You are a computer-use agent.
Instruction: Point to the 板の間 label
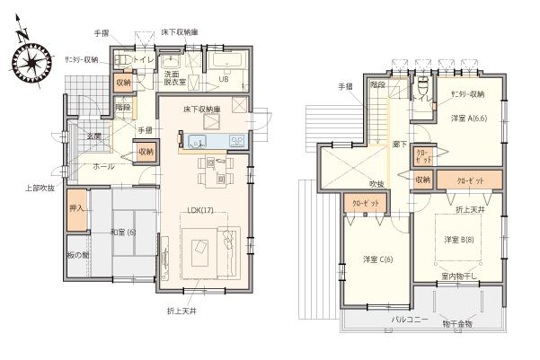(x=78, y=255)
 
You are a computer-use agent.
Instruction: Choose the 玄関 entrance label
(x=93, y=136)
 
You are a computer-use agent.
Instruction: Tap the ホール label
(x=102, y=168)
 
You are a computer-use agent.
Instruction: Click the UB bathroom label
(x=225, y=79)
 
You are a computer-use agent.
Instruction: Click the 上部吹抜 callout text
(x=40, y=188)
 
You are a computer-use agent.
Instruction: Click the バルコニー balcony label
(x=409, y=319)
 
